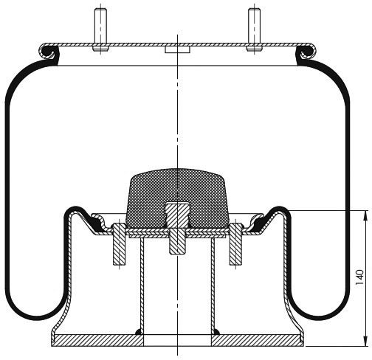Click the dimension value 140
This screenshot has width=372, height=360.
[x=359, y=277]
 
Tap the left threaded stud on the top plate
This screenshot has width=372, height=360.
[x=100, y=30]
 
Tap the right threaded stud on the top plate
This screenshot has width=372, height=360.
[x=254, y=30]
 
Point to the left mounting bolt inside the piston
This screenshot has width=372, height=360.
[x=120, y=245]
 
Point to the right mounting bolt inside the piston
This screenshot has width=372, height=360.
[x=236, y=245]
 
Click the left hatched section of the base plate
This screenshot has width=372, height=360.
[x=97, y=341]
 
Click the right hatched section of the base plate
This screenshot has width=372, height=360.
[x=258, y=341]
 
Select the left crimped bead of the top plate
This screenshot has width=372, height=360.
[x=46, y=52]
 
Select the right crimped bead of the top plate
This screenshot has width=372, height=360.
[x=308, y=52]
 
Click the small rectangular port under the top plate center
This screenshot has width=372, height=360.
[x=177, y=49]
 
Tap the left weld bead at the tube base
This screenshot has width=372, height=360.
[x=139, y=332]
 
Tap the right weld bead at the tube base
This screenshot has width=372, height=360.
[x=216, y=332]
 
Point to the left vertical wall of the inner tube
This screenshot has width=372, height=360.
[x=142, y=283]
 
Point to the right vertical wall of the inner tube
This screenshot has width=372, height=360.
[x=213, y=283]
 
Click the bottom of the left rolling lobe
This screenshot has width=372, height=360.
[x=36, y=318]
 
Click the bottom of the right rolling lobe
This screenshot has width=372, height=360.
[x=320, y=318]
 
